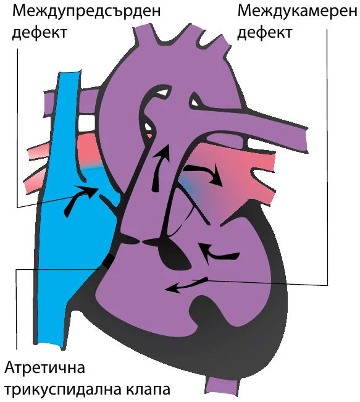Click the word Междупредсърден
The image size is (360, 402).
(x=86, y=12)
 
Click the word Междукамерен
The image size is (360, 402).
(x=297, y=11)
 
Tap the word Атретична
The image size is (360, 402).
(x=44, y=367)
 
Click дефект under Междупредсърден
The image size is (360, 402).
(x=40, y=33)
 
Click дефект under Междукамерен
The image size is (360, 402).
(x=265, y=33)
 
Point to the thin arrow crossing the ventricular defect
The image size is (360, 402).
(x=186, y=284)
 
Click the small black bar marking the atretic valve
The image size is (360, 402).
(x=107, y=261)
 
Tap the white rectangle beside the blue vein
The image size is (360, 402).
(x=88, y=123)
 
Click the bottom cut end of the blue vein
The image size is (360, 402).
(x=49, y=345)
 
